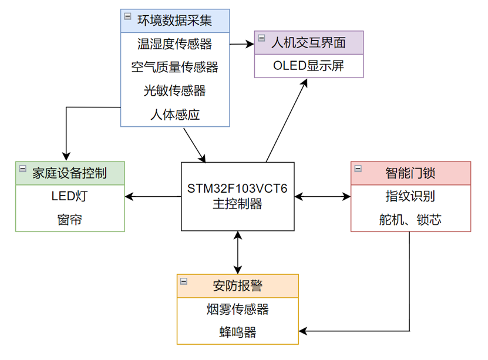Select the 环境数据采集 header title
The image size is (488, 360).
click(x=174, y=21)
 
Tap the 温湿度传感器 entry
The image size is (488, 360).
click(x=174, y=43)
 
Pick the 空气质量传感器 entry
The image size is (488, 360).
click(x=174, y=68)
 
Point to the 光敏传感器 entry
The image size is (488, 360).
click(x=174, y=91)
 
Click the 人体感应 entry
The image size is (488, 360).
click(x=174, y=115)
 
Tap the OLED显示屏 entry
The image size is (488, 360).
click(x=309, y=66)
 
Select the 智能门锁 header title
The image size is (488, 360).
click(x=410, y=173)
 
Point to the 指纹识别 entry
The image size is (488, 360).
click(x=410, y=196)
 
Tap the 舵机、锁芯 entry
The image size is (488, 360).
click(x=410, y=220)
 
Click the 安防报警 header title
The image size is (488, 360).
click(x=237, y=286)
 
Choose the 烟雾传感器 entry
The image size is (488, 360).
click(x=237, y=309)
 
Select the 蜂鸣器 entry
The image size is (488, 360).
click(x=237, y=332)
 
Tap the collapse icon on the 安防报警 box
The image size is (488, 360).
click(x=184, y=281)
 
